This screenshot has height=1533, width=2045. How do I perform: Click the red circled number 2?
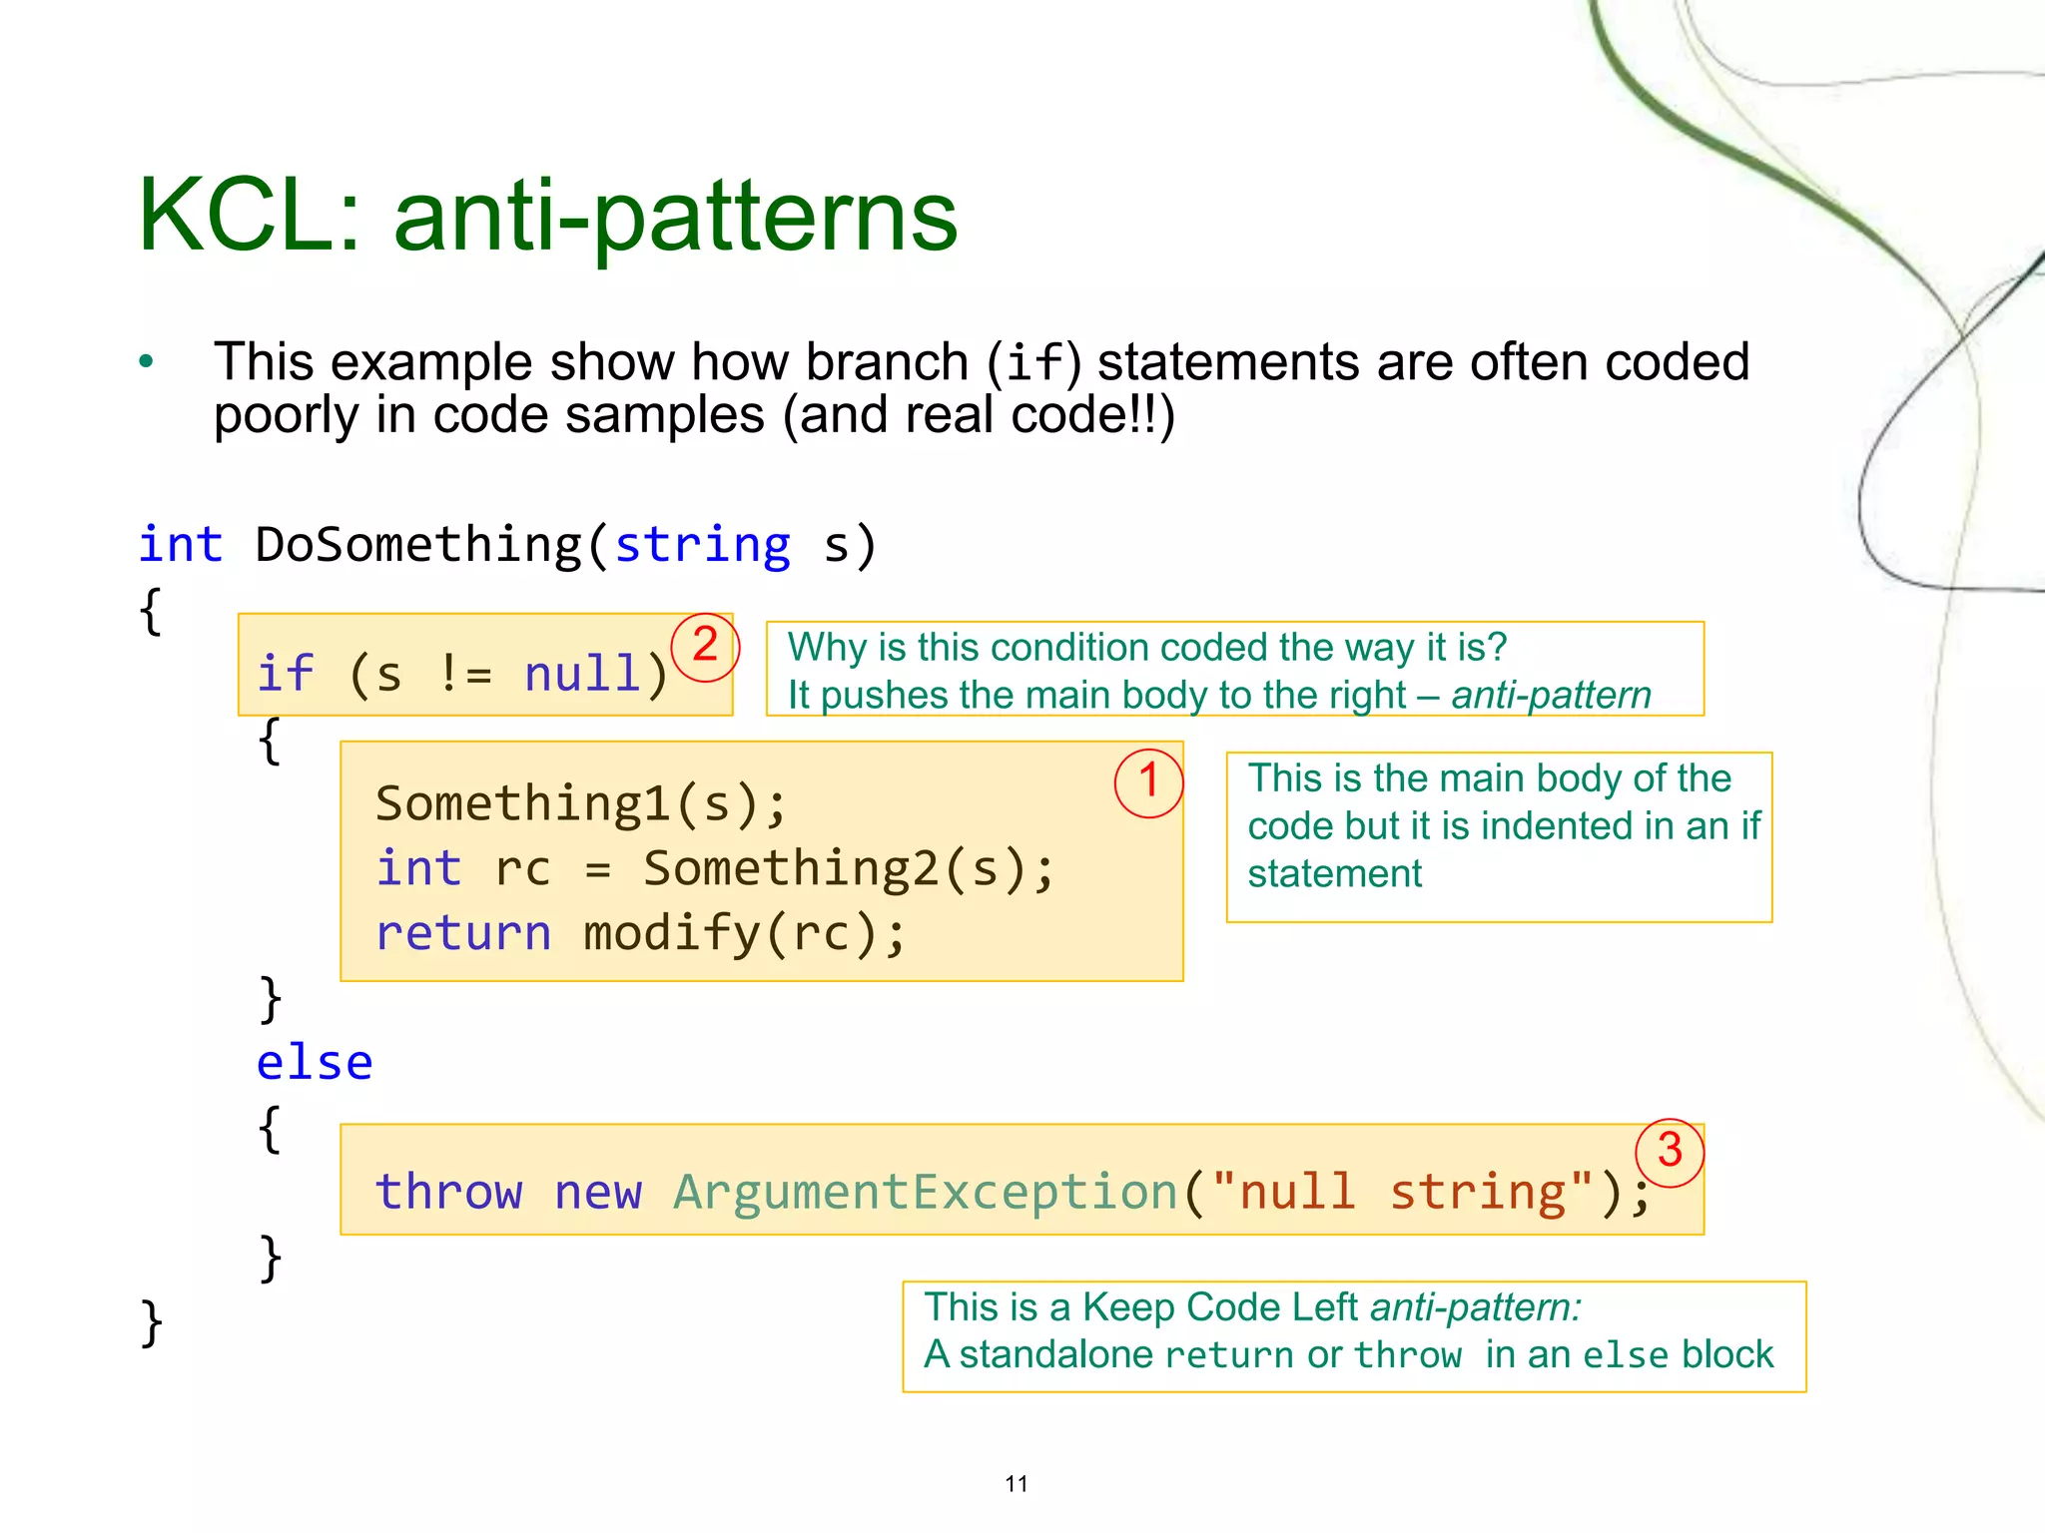705,646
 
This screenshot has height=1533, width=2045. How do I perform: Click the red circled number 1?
1148,781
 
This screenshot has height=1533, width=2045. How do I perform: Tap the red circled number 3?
1670,1151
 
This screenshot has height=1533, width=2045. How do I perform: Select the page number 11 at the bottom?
1017,1484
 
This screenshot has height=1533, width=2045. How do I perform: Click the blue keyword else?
315,1062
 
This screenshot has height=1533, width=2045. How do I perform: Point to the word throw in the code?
448,1192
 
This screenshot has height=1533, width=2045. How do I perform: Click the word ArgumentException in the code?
926,1192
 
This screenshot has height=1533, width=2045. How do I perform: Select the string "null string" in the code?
1402,1192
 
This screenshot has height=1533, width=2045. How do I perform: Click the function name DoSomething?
417,545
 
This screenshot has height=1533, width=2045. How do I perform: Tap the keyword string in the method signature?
702,545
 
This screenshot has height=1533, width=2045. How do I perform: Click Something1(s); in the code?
581,803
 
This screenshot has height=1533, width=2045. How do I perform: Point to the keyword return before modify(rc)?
463,933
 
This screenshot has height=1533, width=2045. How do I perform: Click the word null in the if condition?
582,674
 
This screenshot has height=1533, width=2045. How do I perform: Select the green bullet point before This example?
147,362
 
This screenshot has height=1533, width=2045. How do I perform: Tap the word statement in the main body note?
1334,874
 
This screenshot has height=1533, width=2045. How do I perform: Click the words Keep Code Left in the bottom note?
1219,1307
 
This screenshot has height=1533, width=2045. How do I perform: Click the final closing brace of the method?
151,1323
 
